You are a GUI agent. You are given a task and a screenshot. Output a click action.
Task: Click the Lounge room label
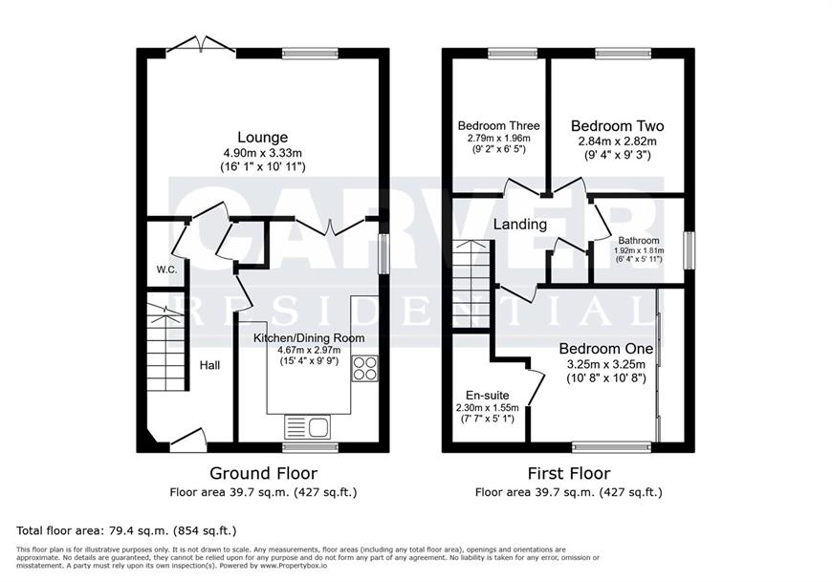(263, 138)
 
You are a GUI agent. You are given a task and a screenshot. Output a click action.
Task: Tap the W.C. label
(166, 269)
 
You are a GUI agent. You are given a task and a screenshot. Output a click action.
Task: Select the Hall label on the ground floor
(209, 365)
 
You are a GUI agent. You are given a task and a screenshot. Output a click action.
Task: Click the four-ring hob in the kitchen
(365, 368)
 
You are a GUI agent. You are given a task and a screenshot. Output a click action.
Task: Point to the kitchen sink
(308, 427)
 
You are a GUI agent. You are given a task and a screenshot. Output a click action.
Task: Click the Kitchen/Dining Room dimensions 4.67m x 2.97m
(309, 350)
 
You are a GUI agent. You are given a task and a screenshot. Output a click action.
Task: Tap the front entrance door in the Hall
(188, 440)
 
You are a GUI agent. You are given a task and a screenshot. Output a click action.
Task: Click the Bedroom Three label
(499, 126)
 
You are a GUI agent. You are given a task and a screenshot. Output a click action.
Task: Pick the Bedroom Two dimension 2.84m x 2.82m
(617, 141)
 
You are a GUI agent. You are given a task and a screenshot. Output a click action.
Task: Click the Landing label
(520, 225)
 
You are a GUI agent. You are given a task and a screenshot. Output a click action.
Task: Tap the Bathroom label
(639, 241)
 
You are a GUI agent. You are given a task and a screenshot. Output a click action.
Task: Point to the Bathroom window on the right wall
(689, 250)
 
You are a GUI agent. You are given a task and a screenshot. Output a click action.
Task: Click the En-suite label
(488, 396)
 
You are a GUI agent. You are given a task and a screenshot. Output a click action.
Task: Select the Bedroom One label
(606, 349)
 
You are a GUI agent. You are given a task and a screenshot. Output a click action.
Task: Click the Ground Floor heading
(263, 473)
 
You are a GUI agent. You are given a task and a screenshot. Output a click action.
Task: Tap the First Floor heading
(569, 473)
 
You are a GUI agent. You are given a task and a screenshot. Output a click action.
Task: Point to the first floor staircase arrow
(471, 284)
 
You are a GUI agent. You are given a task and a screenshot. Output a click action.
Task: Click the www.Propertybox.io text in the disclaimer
(294, 566)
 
